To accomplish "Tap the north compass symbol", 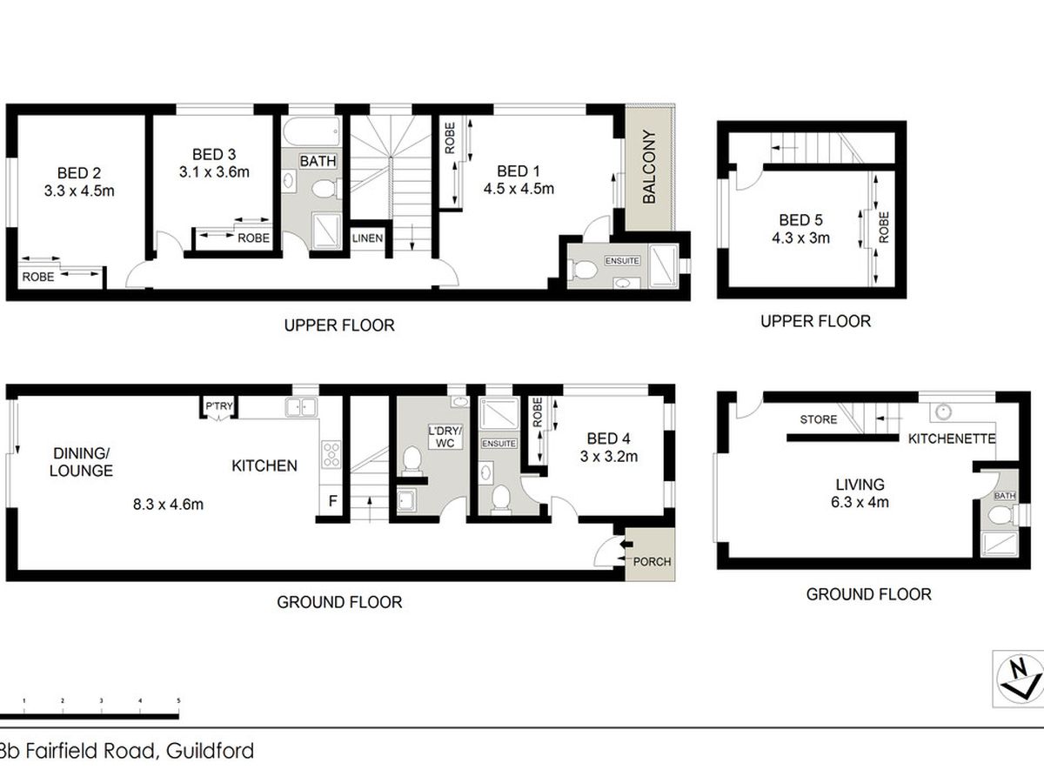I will [x=1017, y=675].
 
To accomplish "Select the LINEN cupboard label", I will [x=367, y=238].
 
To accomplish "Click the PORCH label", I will [x=652, y=561].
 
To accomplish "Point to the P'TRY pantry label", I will [x=217, y=406].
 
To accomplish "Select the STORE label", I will [x=819, y=419].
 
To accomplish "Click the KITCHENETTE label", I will [x=951, y=438].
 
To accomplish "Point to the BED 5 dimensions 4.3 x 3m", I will [x=800, y=237].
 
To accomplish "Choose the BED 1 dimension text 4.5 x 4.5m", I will [x=519, y=188].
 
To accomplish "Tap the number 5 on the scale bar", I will [x=178, y=699].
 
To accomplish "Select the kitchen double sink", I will [x=303, y=405].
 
